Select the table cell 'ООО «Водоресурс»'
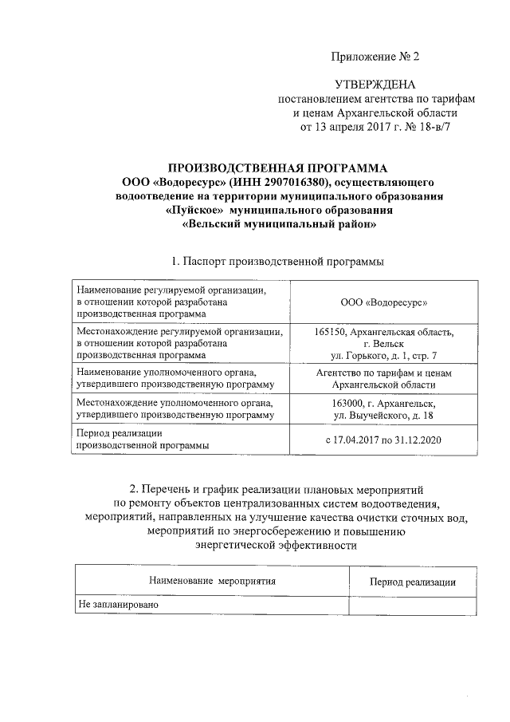click(x=383, y=303)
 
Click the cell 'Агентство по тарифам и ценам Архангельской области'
click(x=383, y=378)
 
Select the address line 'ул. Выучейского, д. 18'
click(x=383, y=416)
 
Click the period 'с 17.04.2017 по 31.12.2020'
click(x=383, y=440)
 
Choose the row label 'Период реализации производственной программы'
click(x=143, y=440)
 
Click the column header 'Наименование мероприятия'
click(x=212, y=582)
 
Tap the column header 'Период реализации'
click(x=413, y=582)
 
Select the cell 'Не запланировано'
click(x=115, y=606)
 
